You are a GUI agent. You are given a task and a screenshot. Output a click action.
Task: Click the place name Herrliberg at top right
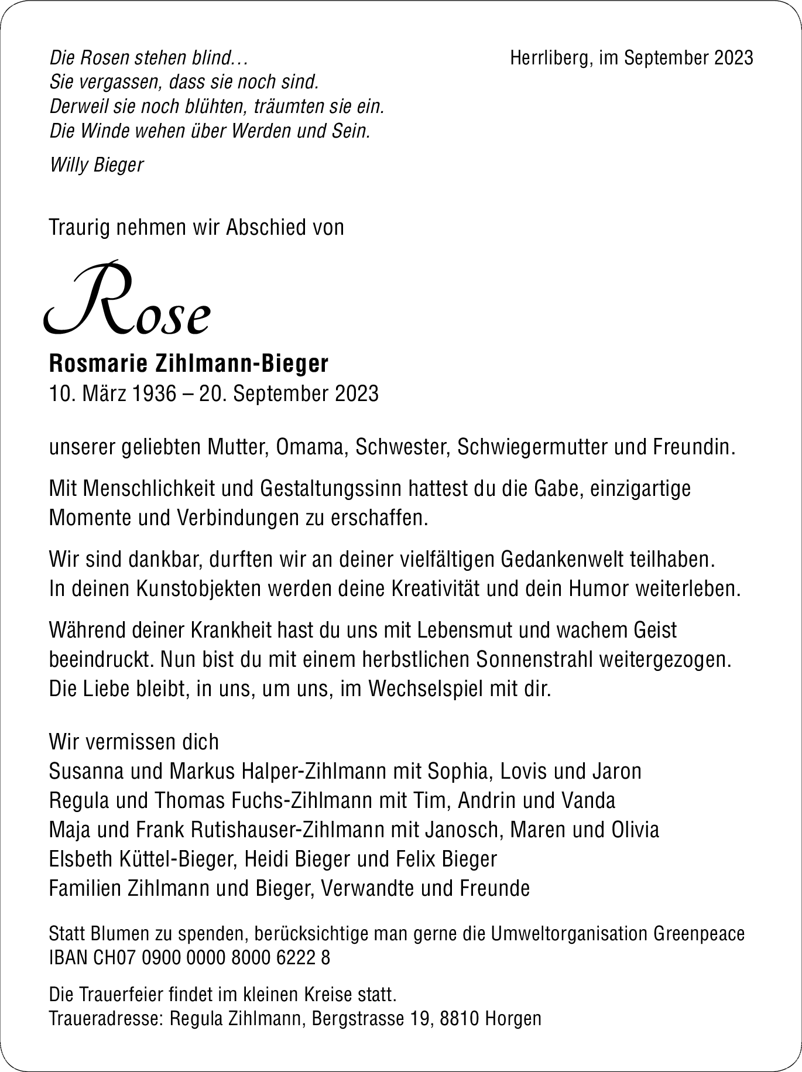[548, 58]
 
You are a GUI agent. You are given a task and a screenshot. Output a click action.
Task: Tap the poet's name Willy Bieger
[97, 165]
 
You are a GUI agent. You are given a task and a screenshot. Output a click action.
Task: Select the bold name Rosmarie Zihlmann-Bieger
[189, 364]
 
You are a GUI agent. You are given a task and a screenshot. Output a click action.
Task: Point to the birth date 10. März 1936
[112, 393]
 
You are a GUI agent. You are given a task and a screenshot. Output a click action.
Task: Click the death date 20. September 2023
[289, 393]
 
